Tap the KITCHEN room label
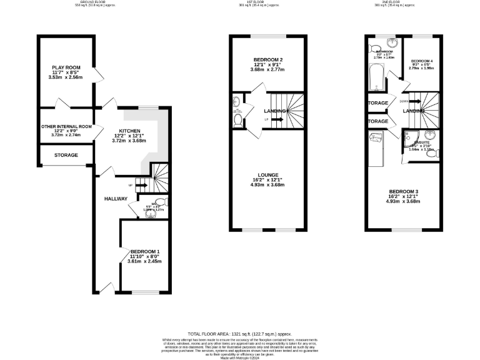tap(129, 130)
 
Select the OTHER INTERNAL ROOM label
tap(66, 126)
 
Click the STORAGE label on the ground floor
tap(66, 155)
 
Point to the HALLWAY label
tap(116, 199)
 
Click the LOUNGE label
tap(268, 175)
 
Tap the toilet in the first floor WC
tap(237, 120)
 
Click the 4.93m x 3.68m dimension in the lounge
tap(268, 185)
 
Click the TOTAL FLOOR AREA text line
tap(241, 335)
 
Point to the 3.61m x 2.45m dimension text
tap(144, 261)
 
